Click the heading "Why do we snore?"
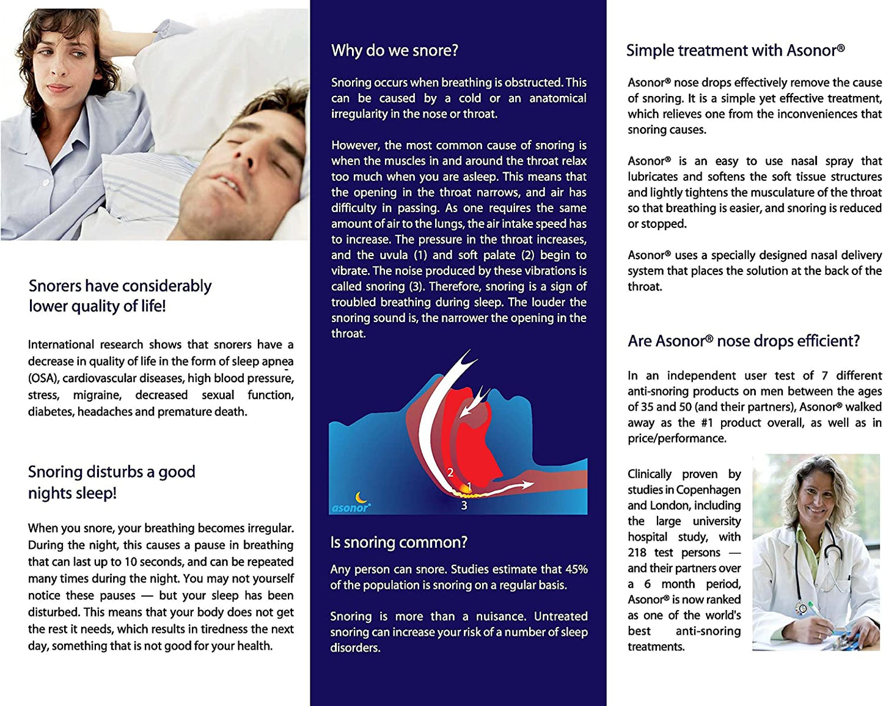click(394, 51)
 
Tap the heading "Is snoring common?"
click(398, 542)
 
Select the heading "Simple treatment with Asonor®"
click(735, 51)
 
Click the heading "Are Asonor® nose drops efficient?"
click(743, 341)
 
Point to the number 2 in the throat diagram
click(450, 473)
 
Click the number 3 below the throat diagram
click(464, 506)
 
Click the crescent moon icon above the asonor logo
click(361, 497)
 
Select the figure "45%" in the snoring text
click(576, 570)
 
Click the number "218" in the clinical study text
click(637, 553)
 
